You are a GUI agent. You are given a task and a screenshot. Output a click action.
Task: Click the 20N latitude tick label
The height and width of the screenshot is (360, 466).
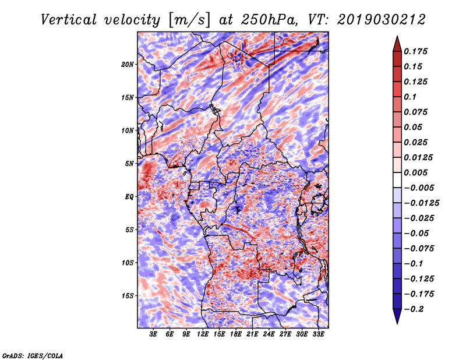127,65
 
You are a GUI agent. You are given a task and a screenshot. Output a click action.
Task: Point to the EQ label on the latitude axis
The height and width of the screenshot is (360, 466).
129,197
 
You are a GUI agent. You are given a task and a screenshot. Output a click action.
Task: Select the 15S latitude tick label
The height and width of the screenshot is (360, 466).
128,296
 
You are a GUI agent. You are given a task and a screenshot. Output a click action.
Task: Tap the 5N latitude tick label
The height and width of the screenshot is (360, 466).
129,164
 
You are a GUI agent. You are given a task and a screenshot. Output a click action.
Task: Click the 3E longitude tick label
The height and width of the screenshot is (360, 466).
153,334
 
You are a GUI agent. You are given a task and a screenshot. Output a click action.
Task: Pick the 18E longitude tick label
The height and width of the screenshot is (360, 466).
236,334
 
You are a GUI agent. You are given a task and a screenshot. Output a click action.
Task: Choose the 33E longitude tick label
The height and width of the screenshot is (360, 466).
318,334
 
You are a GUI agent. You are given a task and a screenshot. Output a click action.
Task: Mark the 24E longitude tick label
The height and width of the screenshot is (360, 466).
269,334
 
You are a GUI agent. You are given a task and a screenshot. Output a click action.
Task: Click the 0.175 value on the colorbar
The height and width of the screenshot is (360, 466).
415,51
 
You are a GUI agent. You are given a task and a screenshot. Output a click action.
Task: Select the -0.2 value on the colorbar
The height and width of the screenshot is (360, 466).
414,309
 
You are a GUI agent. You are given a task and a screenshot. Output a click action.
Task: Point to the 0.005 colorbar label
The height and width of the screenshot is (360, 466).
415,172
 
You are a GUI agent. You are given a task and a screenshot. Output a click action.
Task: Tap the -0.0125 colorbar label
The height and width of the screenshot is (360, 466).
421,203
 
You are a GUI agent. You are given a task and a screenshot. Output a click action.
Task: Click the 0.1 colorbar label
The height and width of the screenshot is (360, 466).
410,97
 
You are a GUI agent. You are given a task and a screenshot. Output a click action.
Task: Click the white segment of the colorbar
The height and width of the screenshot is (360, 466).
397,180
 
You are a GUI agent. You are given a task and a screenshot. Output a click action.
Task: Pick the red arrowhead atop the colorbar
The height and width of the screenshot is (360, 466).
397,44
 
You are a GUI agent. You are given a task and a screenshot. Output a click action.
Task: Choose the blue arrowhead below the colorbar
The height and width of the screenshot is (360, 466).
397,316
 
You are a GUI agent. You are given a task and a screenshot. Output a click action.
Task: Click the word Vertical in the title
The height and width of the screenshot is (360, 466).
69,20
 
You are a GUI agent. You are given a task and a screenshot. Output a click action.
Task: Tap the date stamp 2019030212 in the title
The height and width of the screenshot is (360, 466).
382,20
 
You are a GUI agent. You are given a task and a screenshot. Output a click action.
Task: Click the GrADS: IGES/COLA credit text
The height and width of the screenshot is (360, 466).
33,355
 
